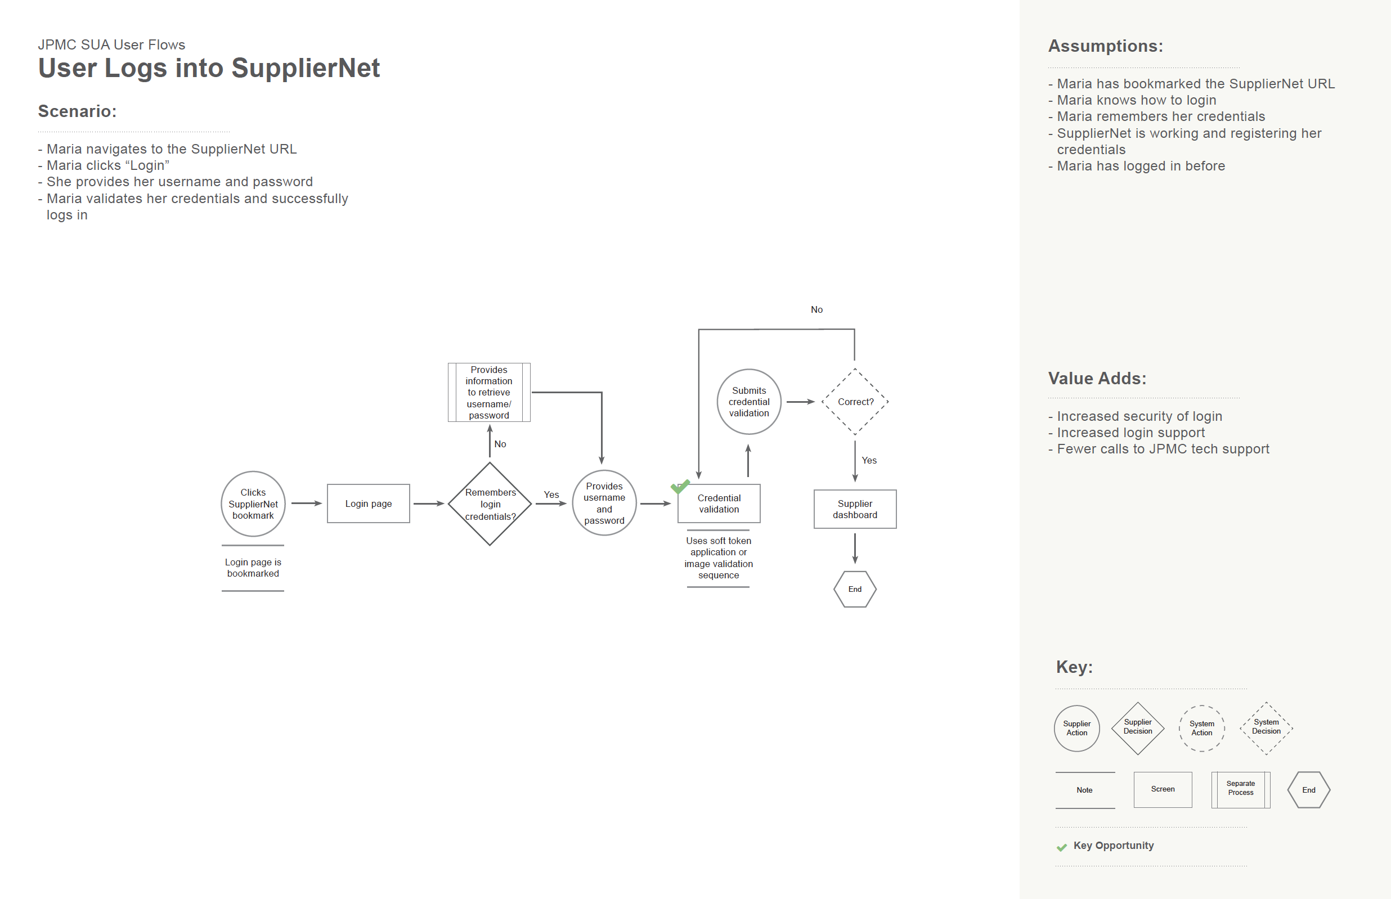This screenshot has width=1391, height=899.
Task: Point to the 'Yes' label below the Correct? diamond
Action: (869, 461)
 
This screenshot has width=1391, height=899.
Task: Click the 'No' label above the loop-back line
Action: (816, 309)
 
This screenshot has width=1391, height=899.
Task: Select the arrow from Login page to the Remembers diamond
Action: (429, 503)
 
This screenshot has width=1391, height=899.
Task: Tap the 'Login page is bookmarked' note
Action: (253, 568)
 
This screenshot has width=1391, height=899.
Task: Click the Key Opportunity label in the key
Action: (1114, 846)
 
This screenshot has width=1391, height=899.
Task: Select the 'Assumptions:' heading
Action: (1106, 46)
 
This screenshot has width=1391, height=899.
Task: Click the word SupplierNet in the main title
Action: (306, 68)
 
